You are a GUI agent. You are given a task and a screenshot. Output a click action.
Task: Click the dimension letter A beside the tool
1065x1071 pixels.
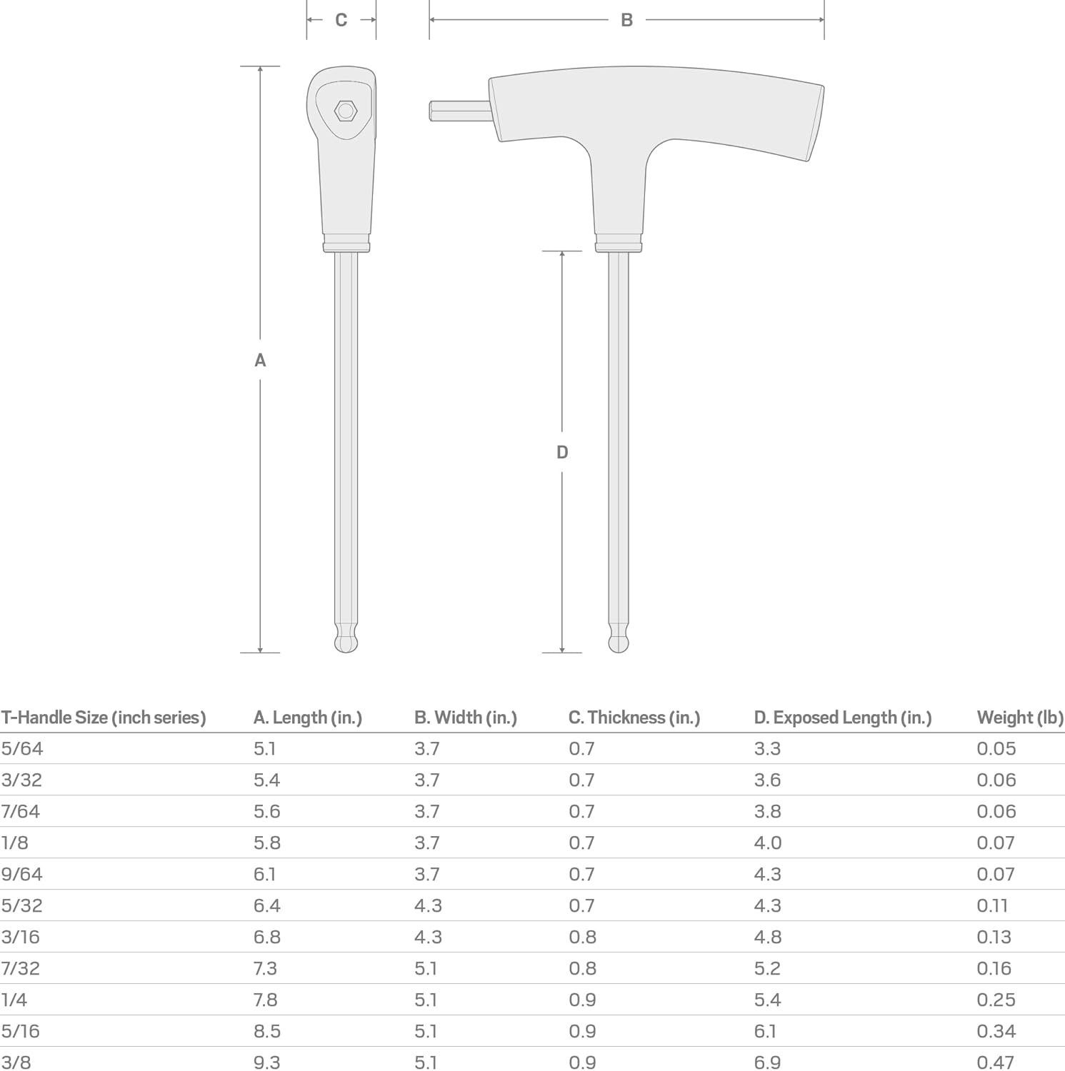[x=260, y=361]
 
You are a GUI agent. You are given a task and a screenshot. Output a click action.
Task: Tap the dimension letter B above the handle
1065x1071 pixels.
[x=626, y=20]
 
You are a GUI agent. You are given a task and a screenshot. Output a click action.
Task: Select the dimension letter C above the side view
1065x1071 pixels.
[x=341, y=20]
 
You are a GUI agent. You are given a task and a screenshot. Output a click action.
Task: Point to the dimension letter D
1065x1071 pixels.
[x=562, y=452]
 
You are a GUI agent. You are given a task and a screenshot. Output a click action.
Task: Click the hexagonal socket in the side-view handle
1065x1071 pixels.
[x=346, y=111]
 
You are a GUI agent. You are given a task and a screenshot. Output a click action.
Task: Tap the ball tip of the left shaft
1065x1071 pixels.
[x=346, y=641]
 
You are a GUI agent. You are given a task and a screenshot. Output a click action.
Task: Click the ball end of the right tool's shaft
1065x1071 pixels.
[x=619, y=641]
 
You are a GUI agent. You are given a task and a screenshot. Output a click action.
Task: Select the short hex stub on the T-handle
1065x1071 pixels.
[x=461, y=111]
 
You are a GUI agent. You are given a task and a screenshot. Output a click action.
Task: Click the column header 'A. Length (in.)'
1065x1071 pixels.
[x=308, y=718]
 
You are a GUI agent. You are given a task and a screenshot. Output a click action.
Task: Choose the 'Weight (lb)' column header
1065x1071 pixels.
[x=1020, y=718]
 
